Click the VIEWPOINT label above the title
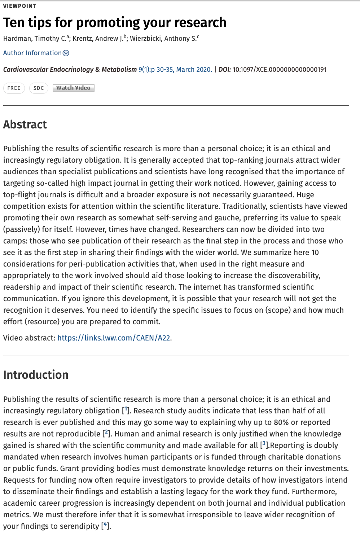click(19, 6)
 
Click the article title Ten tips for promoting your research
click(115, 22)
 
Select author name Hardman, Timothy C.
click(35, 39)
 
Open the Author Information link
click(32, 53)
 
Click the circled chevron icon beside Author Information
click(66, 53)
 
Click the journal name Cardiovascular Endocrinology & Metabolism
click(70, 70)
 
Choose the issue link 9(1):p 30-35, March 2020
click(175, 70)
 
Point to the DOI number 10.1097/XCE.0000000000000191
click(279, 70)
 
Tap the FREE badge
click(14, 88)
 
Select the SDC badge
click(39, 88)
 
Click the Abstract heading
click(25, 124)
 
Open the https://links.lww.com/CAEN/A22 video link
click(114, 338)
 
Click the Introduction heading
click(36, 375)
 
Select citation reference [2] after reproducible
click(106, 433)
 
